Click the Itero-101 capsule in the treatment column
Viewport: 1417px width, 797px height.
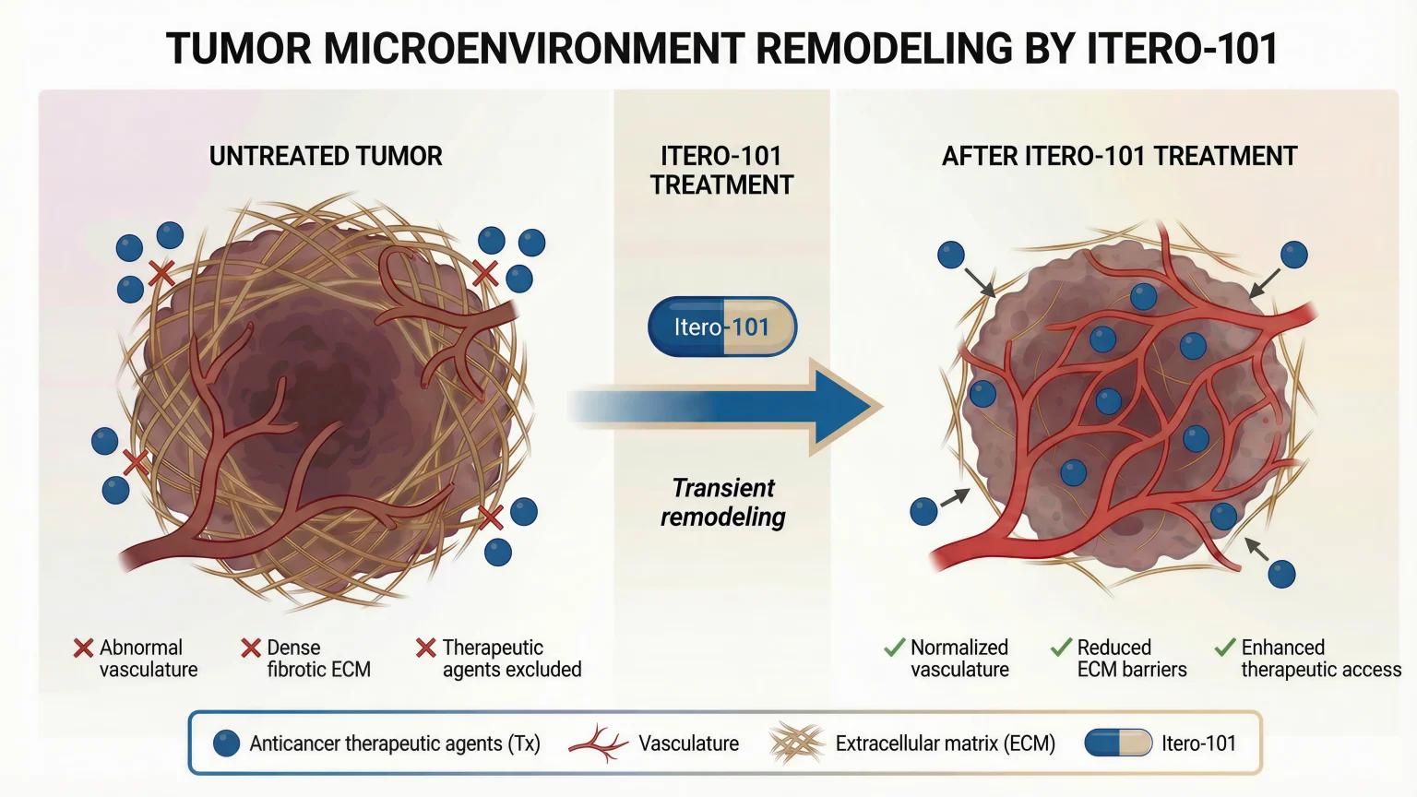coord(721,327)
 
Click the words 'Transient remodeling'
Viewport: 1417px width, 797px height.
coord(723,502)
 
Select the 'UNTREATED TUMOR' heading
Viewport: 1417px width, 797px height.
coord(326,156)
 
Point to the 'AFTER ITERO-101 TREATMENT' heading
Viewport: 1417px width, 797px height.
coord(1120,156)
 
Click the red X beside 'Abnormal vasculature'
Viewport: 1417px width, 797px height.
coord(84,648)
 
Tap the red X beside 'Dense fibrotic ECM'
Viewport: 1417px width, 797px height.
coord(251,648)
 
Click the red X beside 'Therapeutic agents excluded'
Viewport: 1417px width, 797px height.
coord(426,648)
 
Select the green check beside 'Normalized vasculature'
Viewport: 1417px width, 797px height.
coord(895,647)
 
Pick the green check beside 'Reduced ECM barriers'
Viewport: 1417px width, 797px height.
coord(1062,647)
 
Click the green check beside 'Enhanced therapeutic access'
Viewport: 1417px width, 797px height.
coord(1225,647)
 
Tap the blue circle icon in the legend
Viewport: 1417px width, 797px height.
coord(226,743)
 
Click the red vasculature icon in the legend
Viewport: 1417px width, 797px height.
coord(599,744)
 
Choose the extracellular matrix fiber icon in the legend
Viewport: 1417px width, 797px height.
coord(797,743)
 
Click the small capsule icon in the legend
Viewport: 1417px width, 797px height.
coord(1118,743)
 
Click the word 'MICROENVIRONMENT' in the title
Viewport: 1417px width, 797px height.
coord(534,49)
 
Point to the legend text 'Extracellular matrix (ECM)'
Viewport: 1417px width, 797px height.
coord(946,743)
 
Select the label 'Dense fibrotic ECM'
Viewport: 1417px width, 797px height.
coord(319,659)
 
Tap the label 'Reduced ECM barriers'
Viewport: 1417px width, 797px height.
coord(1132,659)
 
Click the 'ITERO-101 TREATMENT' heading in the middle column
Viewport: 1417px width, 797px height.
coord(721,171)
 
